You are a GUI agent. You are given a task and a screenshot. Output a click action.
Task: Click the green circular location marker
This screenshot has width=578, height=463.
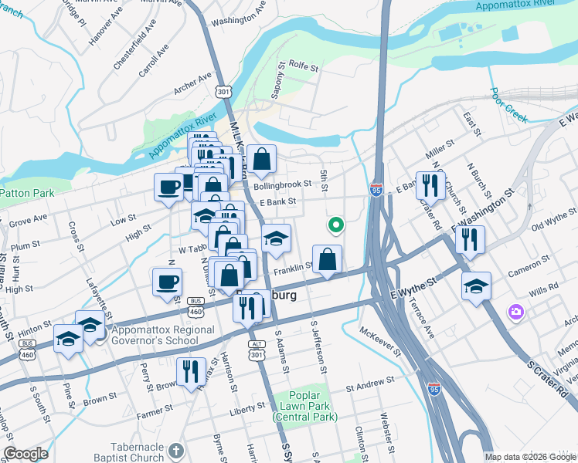pyautogui.click(x=336, y=225)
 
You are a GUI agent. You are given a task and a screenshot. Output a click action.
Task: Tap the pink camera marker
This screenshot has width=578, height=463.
pyautogui.click(x=515, y=313)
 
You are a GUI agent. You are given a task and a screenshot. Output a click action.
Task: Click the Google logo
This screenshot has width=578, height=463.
pyautogui.click(x=25, y=454)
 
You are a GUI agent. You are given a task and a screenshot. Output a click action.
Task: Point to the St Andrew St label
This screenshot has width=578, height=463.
pyautogui.click(x=370, y=380)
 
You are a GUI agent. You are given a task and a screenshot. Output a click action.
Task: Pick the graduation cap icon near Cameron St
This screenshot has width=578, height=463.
pyautogui.click(x=476, y=285)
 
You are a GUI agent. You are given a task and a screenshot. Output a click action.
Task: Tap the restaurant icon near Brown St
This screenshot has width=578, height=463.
pyautogui.click(x=190, y=371)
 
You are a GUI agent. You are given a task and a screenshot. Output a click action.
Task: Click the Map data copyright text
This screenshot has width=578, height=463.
pyautogui.click(x=530, y=457)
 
